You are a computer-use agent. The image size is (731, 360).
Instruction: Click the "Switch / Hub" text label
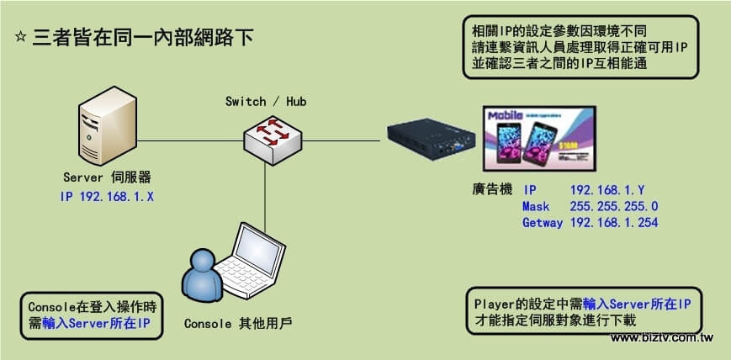[266, 102]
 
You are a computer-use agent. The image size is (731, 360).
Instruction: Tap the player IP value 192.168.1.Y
[607, 191]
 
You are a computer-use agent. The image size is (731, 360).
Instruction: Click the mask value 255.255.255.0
[613, 207]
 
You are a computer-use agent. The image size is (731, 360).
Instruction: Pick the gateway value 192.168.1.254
[613, 223]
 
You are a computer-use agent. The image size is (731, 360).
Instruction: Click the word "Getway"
[542, 223]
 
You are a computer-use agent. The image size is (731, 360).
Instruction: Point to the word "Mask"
[535, 207]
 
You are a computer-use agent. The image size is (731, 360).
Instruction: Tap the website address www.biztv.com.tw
[662, 337]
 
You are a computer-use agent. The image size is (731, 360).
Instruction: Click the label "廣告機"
[491, 191]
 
